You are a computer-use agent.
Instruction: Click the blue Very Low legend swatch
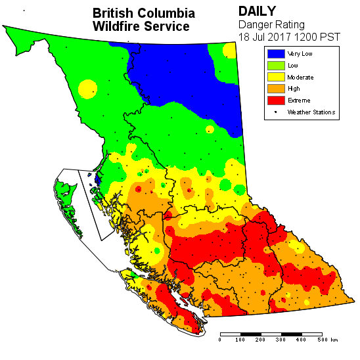[276, 53]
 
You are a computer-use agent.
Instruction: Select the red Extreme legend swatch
[276, 100]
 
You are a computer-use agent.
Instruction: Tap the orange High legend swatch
[276, 88]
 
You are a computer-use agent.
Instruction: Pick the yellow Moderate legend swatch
[276, 77]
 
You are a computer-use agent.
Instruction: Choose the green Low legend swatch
[276, 65]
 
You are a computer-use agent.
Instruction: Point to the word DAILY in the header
[257, 12]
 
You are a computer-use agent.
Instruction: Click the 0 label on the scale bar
[220, 340]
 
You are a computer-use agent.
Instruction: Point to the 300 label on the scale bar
[281, 340]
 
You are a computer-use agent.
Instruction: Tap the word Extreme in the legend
[298, 100]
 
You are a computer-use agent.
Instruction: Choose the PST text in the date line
[330, 37]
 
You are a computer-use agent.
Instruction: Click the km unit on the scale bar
[334, 340]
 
